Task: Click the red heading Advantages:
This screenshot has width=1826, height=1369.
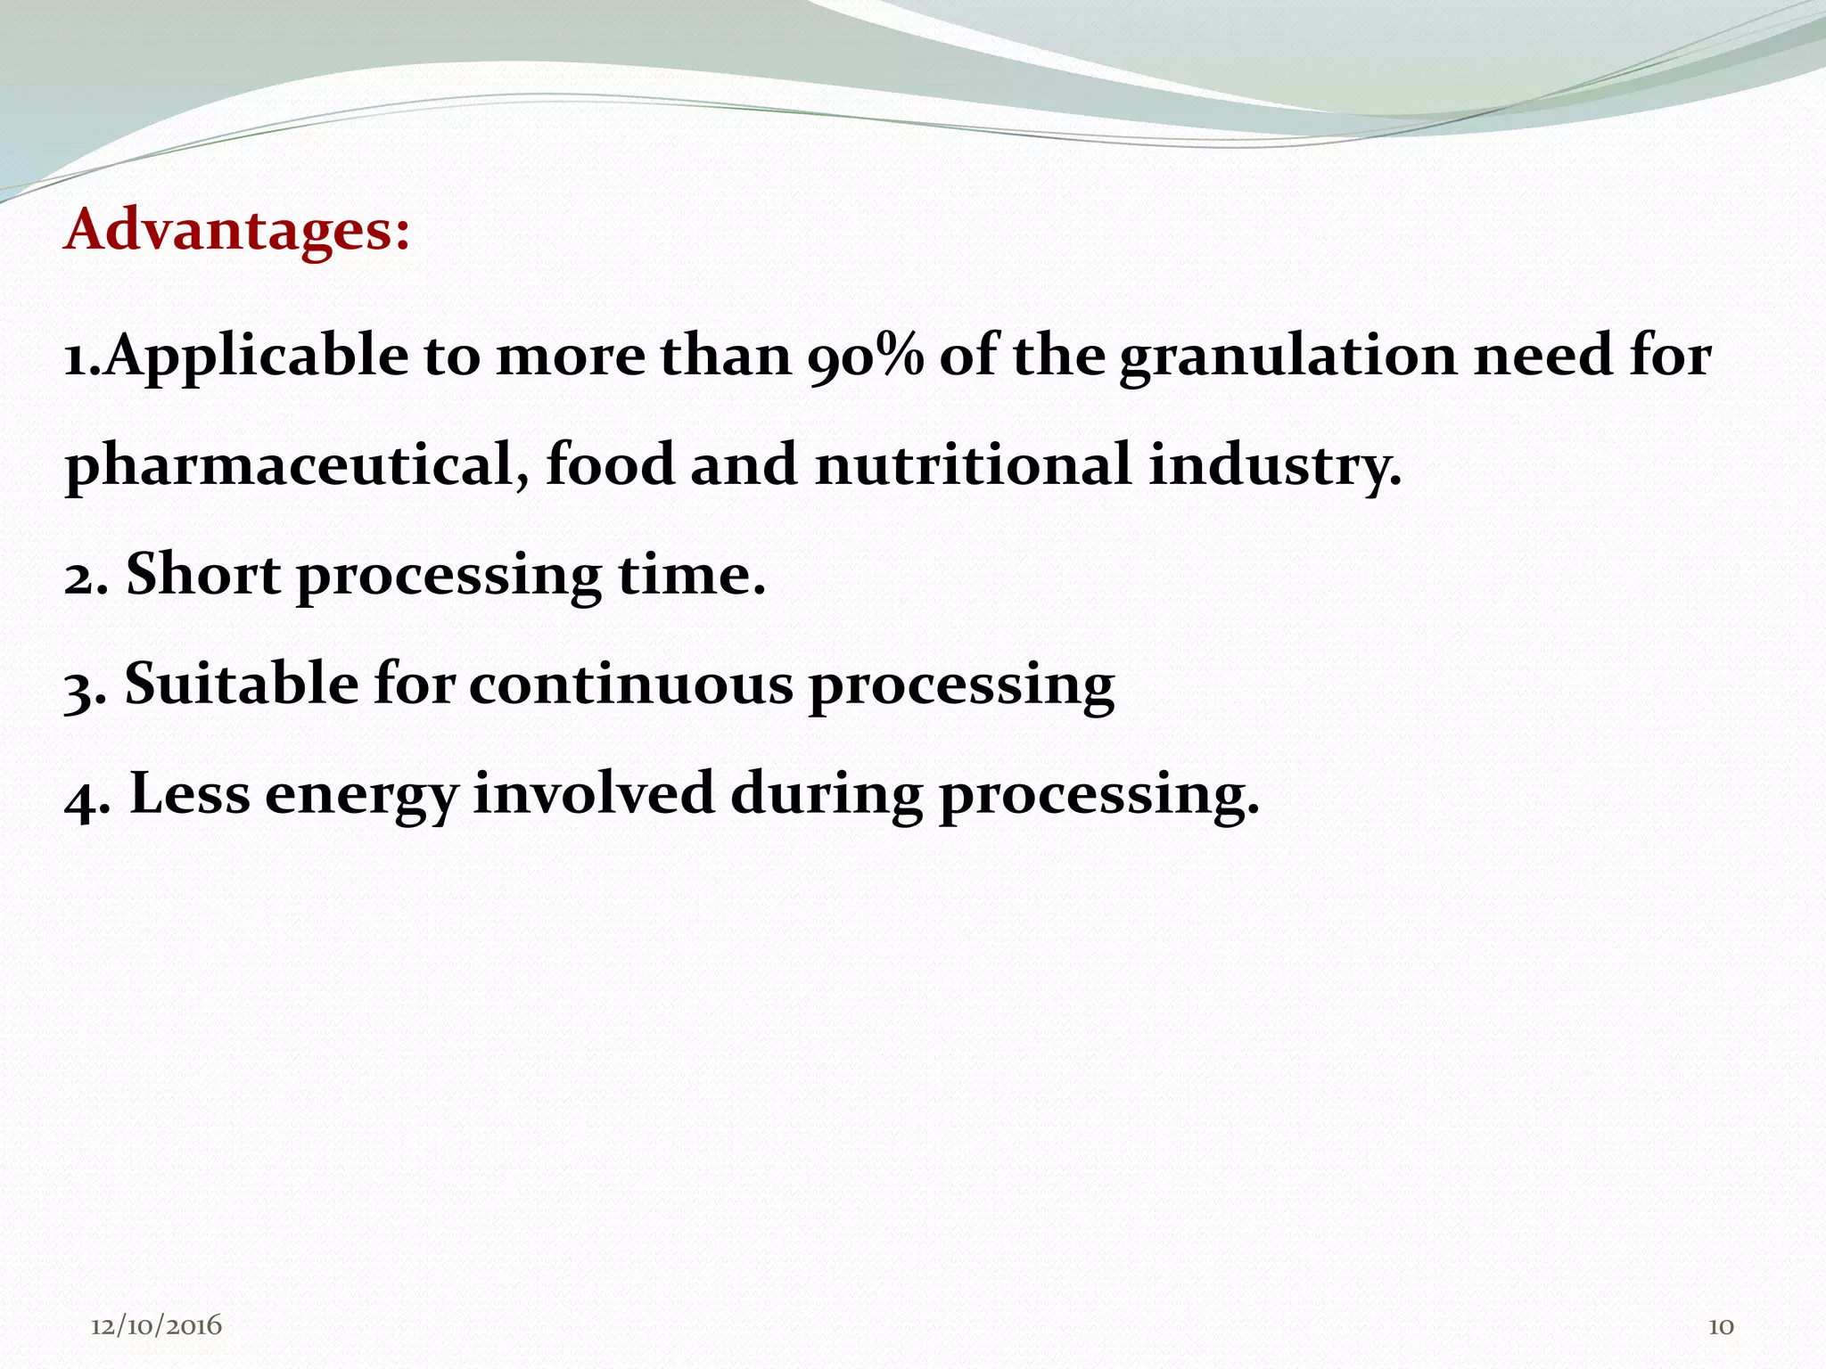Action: pos(237,230)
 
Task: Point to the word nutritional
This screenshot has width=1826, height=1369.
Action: pos(973,464)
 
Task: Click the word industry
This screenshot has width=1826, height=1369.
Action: pos(1274,466)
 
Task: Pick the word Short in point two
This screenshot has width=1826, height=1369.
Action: pos(203,574)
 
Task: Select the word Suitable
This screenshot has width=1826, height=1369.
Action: pos(242,684)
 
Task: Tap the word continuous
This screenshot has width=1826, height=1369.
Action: pos(630,684)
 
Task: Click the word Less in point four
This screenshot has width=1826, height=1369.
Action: pos(190,794)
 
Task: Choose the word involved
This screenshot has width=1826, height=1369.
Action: pos(594,794)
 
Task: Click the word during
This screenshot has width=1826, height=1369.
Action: pos(827,794)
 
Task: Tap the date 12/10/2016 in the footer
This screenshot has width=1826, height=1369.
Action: pos(156,1326)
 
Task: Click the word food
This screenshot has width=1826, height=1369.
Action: pos(610,464)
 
